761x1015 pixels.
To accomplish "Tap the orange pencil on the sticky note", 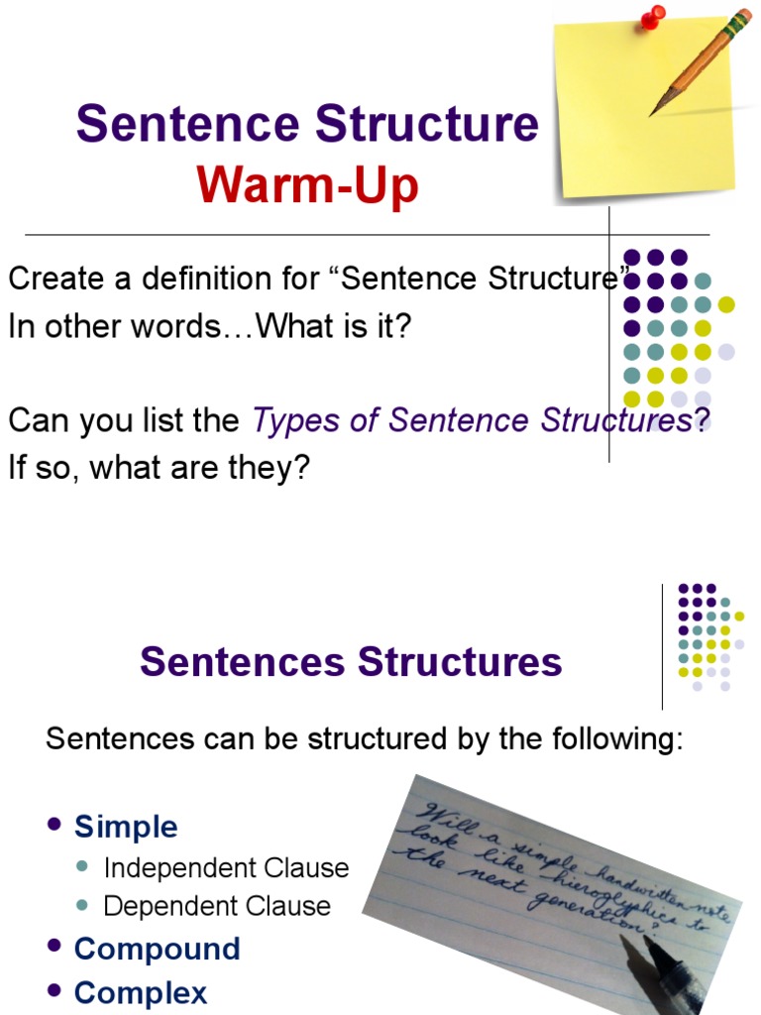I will (x=699, y=61).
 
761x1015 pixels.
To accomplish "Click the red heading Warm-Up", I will (x=307, y=185).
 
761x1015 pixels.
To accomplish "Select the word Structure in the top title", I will (x=427, y=125).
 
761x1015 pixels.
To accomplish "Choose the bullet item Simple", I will (x=126, y=827).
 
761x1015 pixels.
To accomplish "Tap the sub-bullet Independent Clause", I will (x=226, y=868).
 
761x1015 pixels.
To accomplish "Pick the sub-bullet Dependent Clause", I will (x=217, y=906).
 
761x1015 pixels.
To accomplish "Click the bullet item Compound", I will (x=157, y=949).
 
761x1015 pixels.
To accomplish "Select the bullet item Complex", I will (x=141, y=992).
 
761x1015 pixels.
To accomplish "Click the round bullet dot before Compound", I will (x=55, y=947).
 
